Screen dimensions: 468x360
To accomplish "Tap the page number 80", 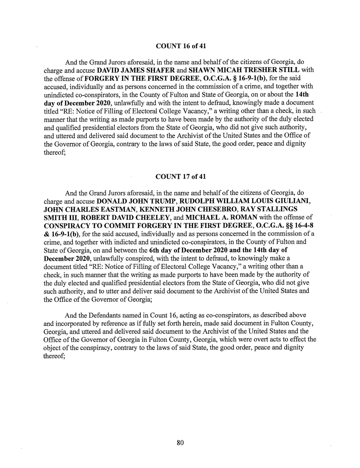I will coord(180,442).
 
